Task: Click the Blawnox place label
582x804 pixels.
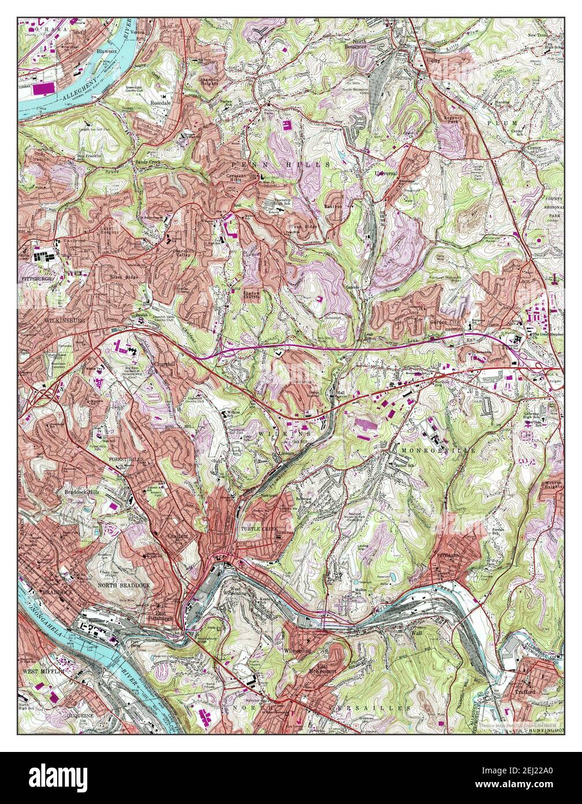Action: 106,51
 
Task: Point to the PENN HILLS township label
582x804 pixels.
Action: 280,165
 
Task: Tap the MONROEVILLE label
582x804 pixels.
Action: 443,449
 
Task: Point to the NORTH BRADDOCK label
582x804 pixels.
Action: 124,585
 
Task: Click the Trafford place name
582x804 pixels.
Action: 522,691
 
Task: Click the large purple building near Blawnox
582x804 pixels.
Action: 40,89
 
